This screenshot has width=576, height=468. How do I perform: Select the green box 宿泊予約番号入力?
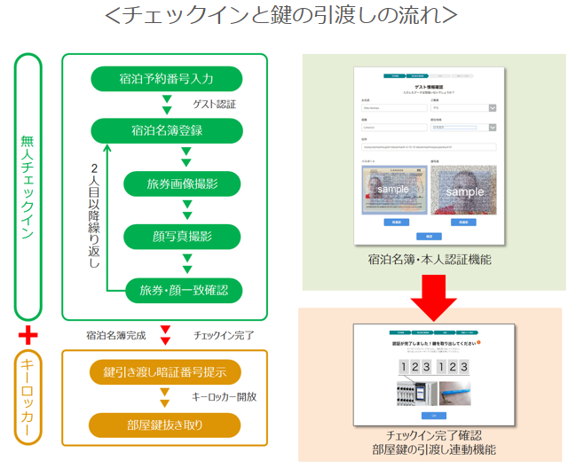click(165, 79)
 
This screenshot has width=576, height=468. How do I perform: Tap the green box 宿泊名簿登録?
click(165, 131)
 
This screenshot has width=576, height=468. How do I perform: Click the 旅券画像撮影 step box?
click(182, 183)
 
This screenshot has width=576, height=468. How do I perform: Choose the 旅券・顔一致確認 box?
click(182, 289)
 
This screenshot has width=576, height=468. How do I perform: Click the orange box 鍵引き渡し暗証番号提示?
click(165, 371)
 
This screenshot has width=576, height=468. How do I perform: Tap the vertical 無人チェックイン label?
click(28, 186)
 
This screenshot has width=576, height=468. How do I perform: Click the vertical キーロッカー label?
click(28, 397)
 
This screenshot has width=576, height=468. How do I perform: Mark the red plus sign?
click(28, 335)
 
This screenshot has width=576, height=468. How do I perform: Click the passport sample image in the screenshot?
click(388, 190)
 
